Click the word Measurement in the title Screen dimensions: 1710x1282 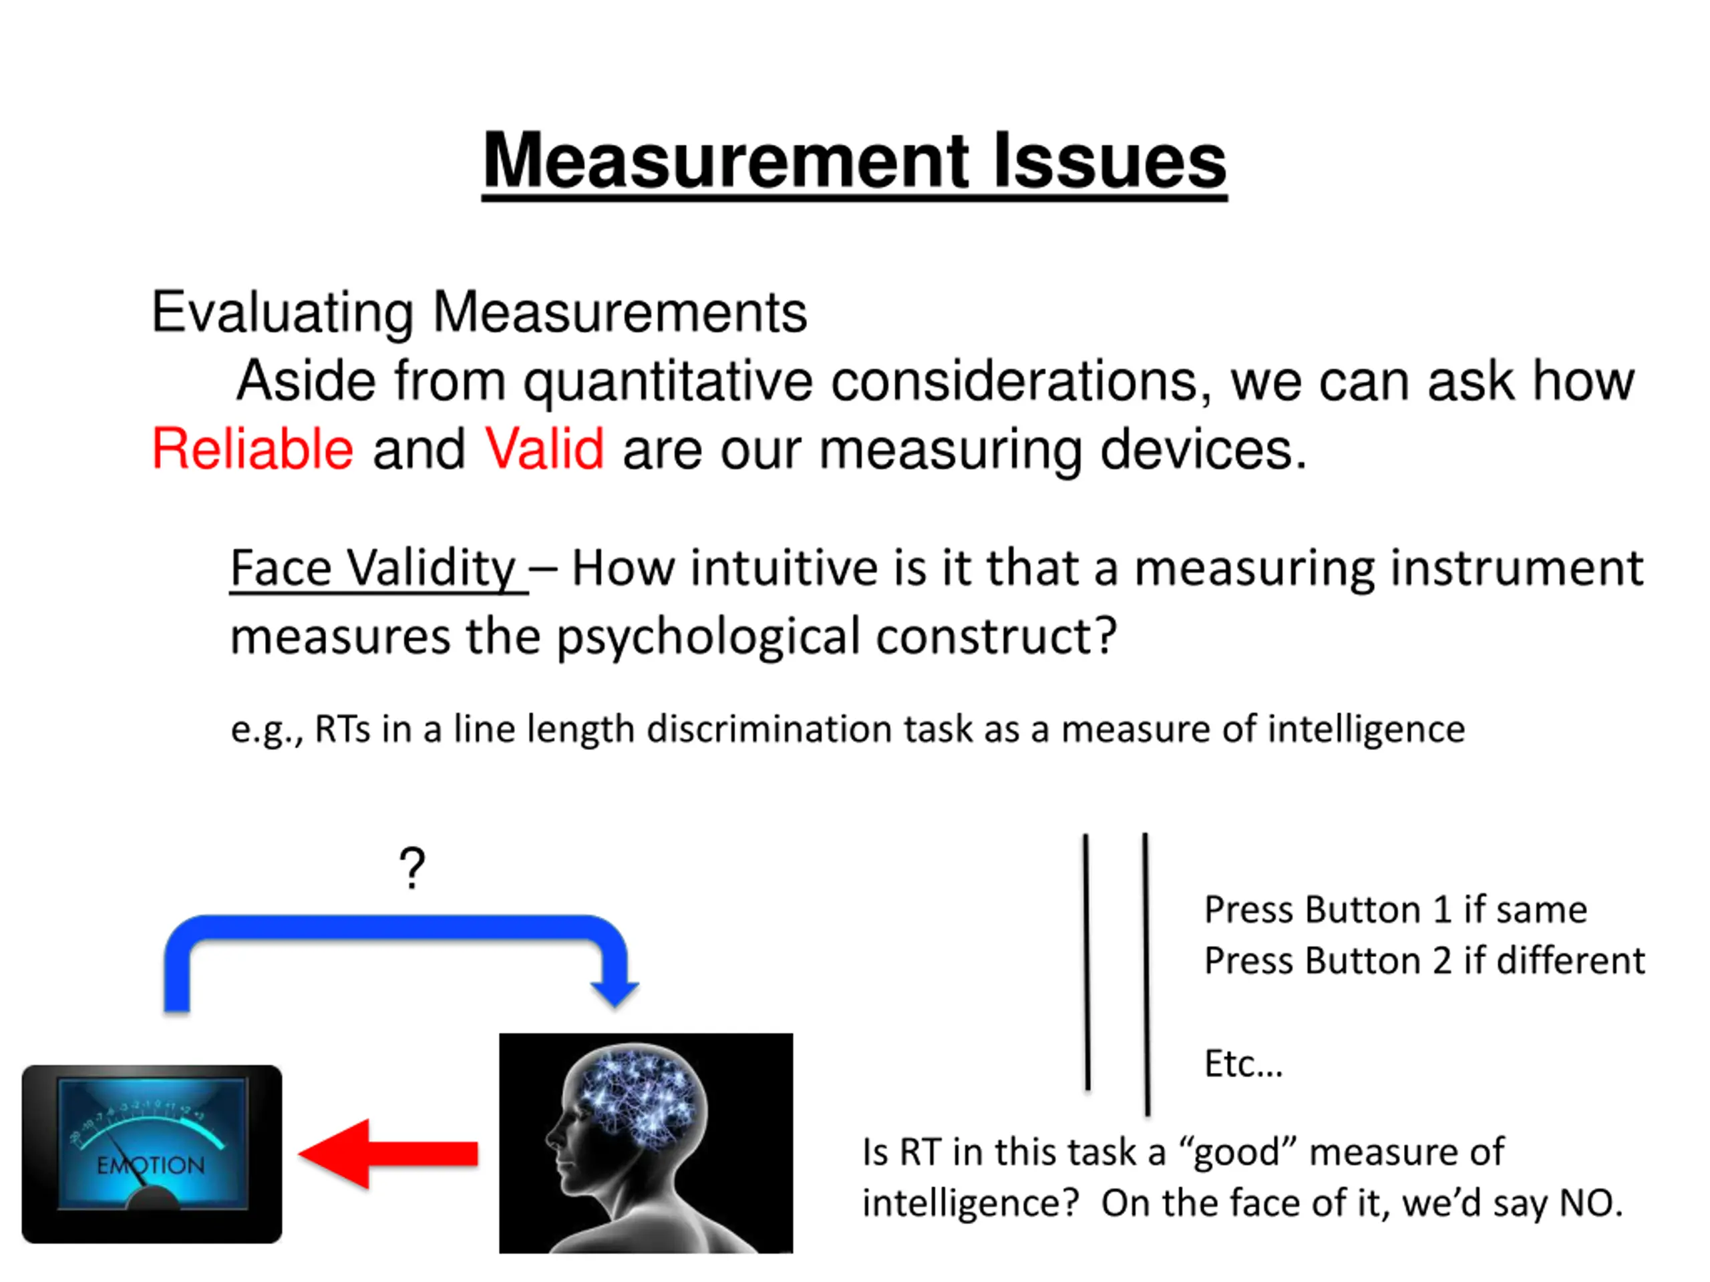pyautogui.click(x=725, y=161)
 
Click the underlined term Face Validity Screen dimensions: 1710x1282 pyautogui.click(x=373, y=569)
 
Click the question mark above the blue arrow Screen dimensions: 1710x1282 pyautogui.click(x=412, y=867)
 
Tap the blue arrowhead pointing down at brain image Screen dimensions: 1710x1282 pyautogui.click(x=615, y=992)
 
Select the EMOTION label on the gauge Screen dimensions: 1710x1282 pyautogui.click(x=151, y=1164)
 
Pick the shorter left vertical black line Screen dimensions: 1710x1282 pyautogui.click(x=1087, y=962)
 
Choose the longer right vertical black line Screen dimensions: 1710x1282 pyautogui.click(x=1146, y=974)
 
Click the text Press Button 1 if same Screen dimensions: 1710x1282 pyautogui.click(x=1395, y=909)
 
